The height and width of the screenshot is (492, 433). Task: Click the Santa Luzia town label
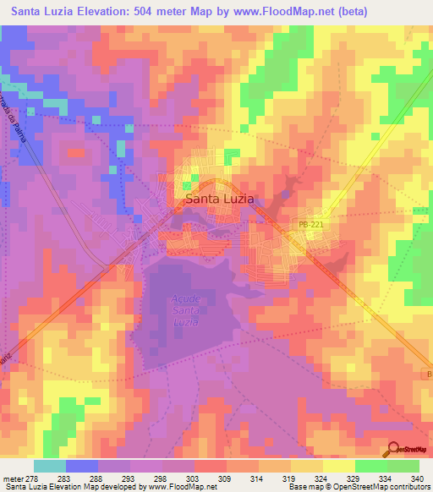tap(219, 200)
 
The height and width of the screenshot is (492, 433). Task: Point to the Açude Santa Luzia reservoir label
tap(184, 311)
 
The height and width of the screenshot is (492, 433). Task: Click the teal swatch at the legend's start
tap(49, 466)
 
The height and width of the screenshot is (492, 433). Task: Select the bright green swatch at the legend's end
tap(403, 466)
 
